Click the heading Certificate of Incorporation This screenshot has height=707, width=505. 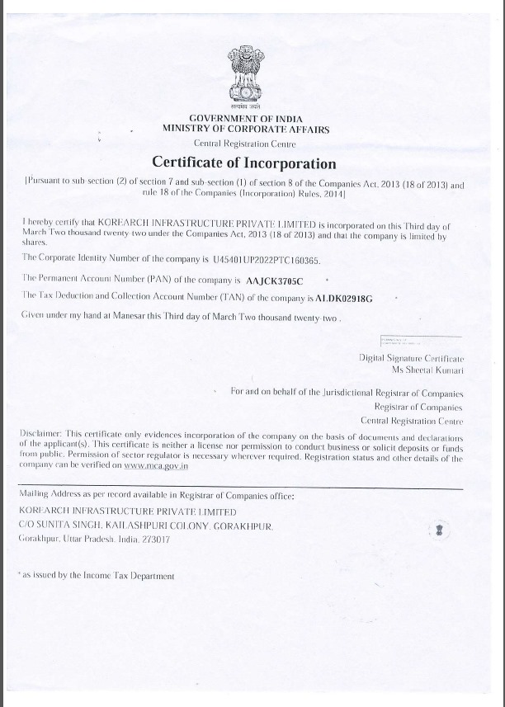pyautogui.click(x=244, y=163)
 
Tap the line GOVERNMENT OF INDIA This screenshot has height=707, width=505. pyautogui.click(x=245, y=119)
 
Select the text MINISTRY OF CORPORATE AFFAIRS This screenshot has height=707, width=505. pyautogui.click(x=246, y=130)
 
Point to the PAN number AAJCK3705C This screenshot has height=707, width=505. pyautogui.click(x=276, y=280)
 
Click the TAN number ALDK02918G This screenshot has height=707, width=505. pyautogui.click(x=340, y=298)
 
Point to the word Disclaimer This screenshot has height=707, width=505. pyautogui.click(x=39, y=434)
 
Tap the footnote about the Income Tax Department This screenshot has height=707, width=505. pyautogui.click(x=97, y=576)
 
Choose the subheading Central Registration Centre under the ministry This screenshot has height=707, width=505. pyautogui.click(x=245, y=143)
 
